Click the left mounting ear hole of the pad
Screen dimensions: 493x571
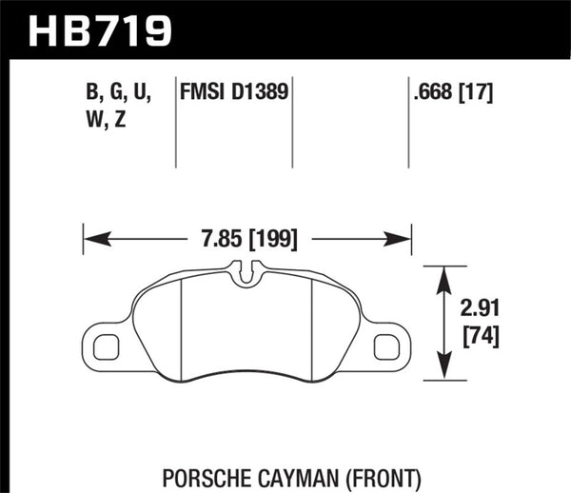[105, 346]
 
